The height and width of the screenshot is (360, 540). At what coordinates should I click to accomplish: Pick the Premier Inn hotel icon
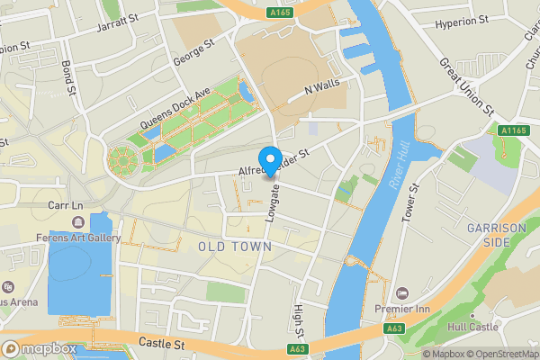point(401,292)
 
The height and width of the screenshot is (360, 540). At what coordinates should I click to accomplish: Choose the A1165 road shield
point(511,130)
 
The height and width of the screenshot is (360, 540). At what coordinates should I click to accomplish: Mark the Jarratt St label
point(118,22)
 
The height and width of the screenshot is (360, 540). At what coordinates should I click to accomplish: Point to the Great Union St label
point(467,86)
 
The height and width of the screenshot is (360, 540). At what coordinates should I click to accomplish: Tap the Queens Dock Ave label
point(175,112)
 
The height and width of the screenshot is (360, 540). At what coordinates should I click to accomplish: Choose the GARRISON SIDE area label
point(496,236)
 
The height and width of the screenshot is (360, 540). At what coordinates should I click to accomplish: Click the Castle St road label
point(161,344)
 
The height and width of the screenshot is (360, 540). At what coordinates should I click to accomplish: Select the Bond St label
point(68,77)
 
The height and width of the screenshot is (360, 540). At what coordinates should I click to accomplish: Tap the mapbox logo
point(40,348)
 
